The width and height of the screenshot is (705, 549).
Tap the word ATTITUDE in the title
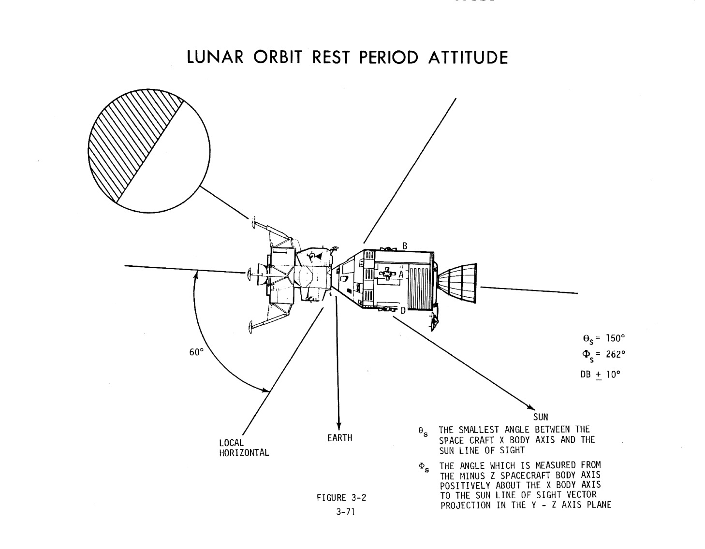tap(468, 58)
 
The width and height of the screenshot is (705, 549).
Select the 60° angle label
tap(196, 352)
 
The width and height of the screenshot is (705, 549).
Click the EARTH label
tap(339, 438)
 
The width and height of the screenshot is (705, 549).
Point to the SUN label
tap(541, 417)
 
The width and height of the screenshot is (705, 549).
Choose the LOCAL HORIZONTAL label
tap(244, 448)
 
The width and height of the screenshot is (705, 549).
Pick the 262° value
tap(616, 354)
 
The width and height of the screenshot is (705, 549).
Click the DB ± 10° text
tap(600, 375)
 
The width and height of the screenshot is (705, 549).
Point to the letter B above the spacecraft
tap(405, 246)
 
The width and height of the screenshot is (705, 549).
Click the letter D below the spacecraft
tap(403, 310)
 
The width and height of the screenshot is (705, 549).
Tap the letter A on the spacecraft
tap(400, 274)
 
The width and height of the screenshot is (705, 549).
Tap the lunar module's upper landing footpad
tap(253, 223)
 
